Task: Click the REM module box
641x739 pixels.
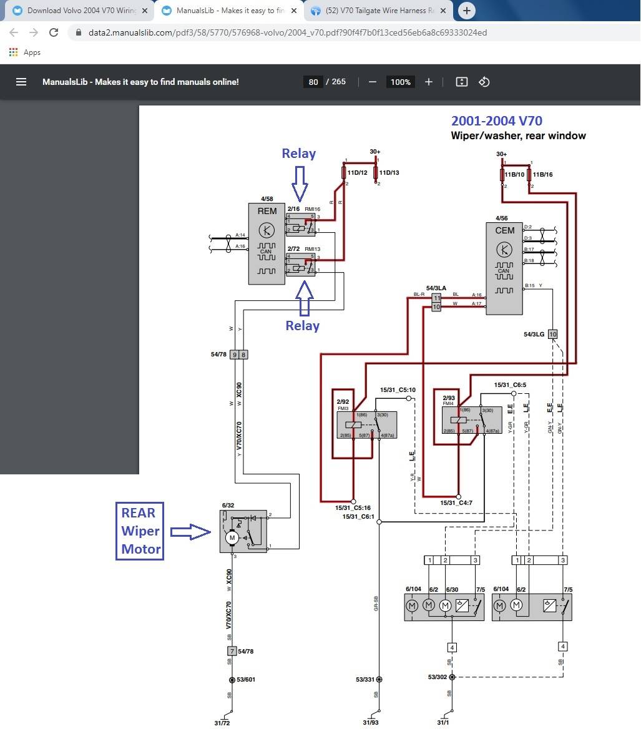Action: pos(267,243)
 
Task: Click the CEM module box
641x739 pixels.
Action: pos(504,268)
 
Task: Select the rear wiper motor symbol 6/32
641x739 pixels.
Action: pos(243,531)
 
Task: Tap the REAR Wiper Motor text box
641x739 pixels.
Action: pos(140,531)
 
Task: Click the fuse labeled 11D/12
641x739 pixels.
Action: pos(344,172)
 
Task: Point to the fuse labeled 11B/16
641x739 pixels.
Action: pos(529,175)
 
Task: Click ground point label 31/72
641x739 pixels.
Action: pos(222,723)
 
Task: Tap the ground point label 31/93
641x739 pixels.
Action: pos(371,723)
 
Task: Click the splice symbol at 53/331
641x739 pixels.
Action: pos(379,679)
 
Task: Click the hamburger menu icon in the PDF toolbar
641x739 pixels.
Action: pos(21,82)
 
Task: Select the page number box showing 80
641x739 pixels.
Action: pos(313,82)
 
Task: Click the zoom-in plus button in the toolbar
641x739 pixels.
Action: pos(429,82)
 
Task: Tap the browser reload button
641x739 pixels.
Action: pos(54,32)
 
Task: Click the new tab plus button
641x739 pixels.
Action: pos(466,10)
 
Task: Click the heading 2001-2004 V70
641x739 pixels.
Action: pos(496,121)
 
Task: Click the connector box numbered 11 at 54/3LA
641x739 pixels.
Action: pos(437,299)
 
